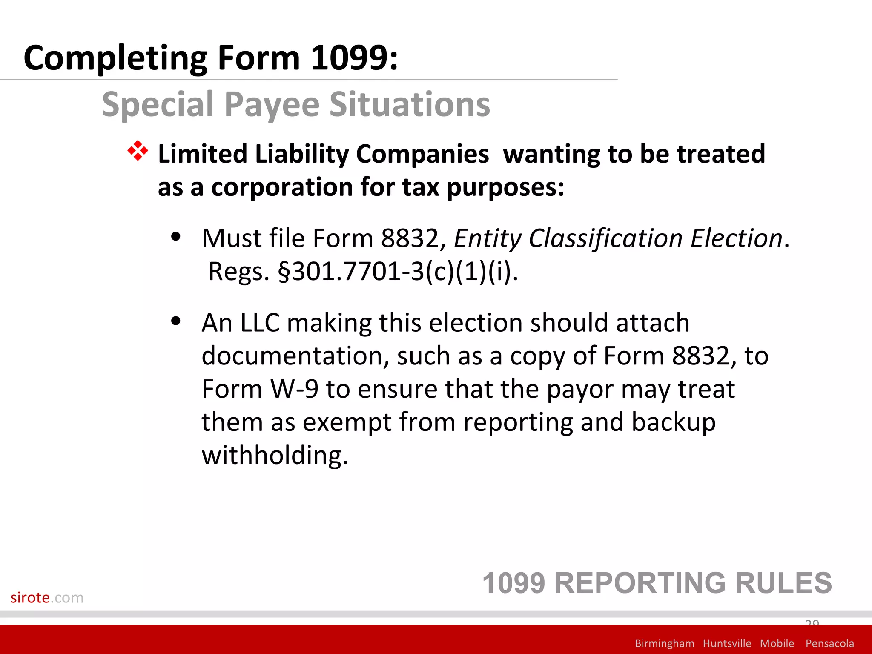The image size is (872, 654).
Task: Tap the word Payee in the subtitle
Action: tap(272, 104)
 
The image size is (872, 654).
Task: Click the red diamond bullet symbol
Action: tap(138, 151)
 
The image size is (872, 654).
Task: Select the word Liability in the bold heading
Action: tap(301, 154)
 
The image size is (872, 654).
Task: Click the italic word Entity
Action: tap(487, 238)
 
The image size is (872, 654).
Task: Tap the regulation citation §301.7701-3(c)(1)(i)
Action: tap(397, 272)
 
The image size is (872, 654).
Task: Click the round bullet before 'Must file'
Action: tap(175, 237)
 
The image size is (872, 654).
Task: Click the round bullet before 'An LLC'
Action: tap(175, 321)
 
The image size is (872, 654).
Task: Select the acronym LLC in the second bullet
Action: tap(260, 323)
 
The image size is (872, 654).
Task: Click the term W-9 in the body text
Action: tap(295, 389)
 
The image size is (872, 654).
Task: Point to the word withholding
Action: tap(275, 456)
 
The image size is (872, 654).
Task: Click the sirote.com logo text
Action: tap(47, 597)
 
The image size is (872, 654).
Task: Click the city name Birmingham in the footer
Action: tap(664, 643)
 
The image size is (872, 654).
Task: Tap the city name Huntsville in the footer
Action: tap(727, 643)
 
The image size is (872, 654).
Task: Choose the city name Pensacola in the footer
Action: tap(829, 643)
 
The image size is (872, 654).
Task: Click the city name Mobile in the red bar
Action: tap(777, 643)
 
